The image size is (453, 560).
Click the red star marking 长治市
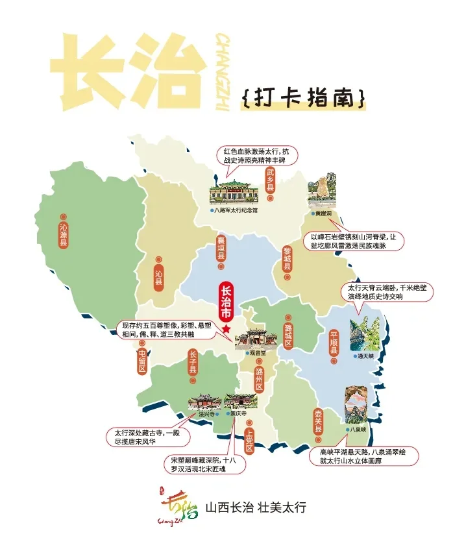[x=226, y=330]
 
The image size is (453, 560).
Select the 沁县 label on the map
[x=159, y=278]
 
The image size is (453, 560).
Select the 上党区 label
[x=249, y=441]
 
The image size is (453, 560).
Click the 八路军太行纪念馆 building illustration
[x=233, y=191]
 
